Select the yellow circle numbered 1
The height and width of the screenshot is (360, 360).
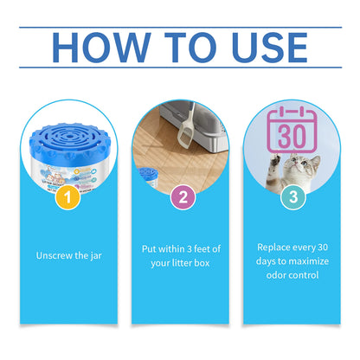72,196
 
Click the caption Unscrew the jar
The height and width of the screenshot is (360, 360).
71,255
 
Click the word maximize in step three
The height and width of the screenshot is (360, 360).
308,262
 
